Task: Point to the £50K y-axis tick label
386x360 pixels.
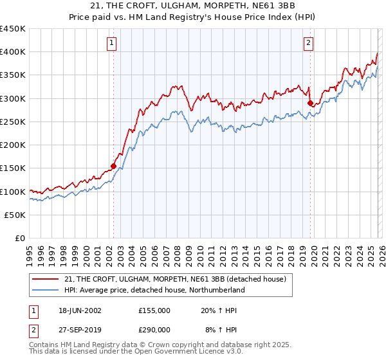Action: pos(15,215)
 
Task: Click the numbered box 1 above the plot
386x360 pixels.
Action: pos(112,43)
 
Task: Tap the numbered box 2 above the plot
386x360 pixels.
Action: pos(309,43)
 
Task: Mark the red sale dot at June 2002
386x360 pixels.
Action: pos(113,166)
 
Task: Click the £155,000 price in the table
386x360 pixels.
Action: pos(154,310)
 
